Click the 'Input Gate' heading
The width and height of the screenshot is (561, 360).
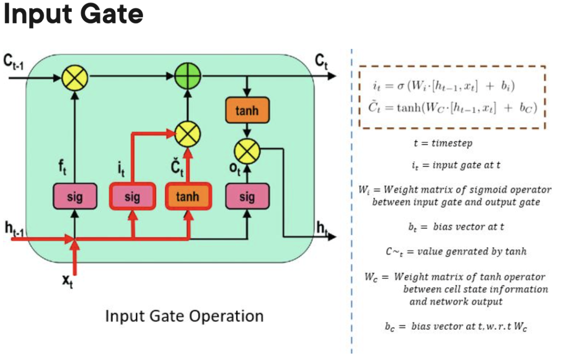coord(73,15)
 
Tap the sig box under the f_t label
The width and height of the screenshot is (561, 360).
coord(75,197)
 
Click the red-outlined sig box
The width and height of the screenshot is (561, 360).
coord(132,197)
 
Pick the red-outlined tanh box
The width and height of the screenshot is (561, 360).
coord(188,197)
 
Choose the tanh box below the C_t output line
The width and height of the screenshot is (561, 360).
coord(247,111)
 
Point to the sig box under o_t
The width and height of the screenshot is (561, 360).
coord(247,197)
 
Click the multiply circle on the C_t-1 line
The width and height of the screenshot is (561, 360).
coord(75,79)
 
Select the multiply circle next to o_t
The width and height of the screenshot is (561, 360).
coord(247,151)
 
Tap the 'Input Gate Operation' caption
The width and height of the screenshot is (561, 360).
coord(184,315)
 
